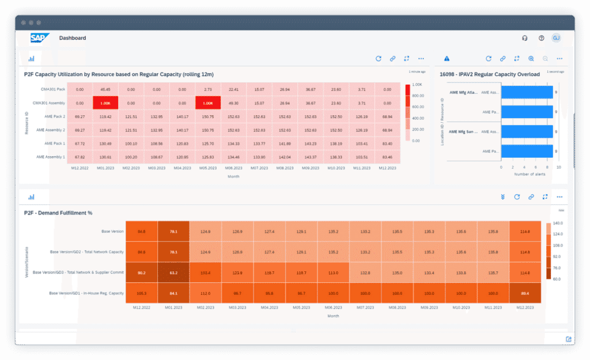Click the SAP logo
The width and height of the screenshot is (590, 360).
[40, 38]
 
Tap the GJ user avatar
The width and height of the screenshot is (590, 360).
[556, 38]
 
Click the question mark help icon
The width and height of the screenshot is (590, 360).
[541, 38]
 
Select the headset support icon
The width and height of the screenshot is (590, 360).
[525, 38]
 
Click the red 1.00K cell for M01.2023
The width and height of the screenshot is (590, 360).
[105, 103]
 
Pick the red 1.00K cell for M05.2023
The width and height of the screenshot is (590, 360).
[208, 103]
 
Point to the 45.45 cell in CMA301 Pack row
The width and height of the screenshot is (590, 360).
[105, 89]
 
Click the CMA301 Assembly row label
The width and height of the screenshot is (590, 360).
[50, 103]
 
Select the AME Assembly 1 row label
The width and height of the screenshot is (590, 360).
[51, 156]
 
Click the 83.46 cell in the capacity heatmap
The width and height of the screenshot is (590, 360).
[388, 156]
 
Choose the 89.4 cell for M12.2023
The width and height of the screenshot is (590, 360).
[525, 293]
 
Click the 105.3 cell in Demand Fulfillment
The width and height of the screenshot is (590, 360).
[142, 293]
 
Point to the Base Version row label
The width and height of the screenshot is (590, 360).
[113, 232]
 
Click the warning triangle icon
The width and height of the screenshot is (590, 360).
[447, 59]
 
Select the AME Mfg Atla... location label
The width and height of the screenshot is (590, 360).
[463, 92]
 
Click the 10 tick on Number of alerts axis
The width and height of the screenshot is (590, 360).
[558, 166]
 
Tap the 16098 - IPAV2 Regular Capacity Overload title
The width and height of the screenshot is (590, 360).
[490, 74]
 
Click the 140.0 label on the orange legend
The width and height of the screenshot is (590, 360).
[558, 223]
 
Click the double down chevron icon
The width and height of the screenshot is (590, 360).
[503, 196]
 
